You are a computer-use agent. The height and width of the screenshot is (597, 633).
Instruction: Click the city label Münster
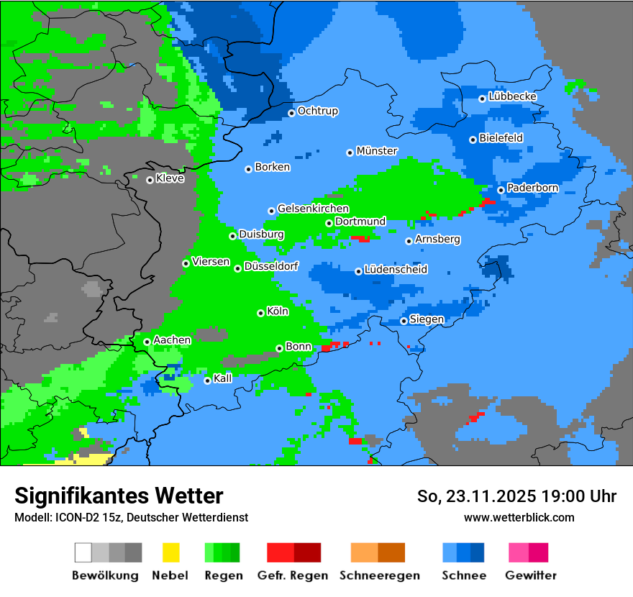377,151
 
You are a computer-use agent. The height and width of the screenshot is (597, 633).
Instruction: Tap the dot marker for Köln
260,313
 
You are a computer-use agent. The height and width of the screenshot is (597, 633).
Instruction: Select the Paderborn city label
532,188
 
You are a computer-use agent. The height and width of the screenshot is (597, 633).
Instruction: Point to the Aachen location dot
147,342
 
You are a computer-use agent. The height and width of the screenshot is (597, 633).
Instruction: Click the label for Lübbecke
512,96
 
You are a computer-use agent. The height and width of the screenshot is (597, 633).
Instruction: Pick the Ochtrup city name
317,111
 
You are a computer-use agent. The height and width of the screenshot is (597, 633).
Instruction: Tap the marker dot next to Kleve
150,180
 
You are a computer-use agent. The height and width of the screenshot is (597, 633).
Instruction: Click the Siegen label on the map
427,319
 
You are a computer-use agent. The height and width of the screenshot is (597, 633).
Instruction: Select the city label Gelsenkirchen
313,209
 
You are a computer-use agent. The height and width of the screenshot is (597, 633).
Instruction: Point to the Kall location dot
207,380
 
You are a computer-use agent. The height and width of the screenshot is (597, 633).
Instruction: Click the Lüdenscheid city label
396,270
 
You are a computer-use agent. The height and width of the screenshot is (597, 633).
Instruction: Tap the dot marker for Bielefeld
473,140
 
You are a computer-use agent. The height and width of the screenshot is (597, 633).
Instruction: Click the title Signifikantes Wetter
119,496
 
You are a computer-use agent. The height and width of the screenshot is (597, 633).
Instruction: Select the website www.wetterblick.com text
519,517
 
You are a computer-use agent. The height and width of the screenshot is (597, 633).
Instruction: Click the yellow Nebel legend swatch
170,552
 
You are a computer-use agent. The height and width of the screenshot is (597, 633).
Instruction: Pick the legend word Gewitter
531,575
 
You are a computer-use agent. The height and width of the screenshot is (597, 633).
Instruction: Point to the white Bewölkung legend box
83,552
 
